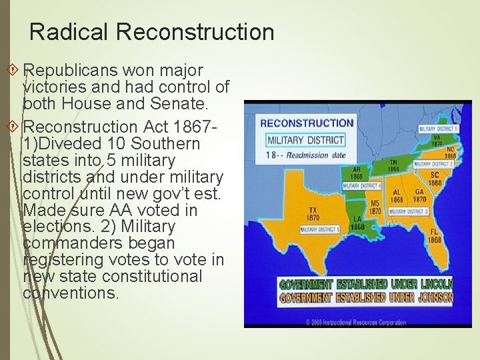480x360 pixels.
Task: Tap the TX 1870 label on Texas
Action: pos(312,214)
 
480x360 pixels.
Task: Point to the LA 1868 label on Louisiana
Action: pos(358,223)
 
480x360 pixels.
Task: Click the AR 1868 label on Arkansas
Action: pos(357,173)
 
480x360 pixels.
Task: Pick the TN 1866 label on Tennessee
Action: pos(393,166)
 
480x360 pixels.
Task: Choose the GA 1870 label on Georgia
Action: pos(419,195)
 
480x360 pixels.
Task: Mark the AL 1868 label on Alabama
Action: pos(397,195)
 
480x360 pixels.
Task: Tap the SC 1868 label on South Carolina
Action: pos(435,179)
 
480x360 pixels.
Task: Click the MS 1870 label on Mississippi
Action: pos(375,207)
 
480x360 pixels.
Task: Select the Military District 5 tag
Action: pos(320,229)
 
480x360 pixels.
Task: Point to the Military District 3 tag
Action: pos(408,211)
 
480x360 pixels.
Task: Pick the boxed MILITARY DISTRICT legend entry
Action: pos(306,140)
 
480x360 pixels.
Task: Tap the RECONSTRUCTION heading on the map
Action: pos(307,123)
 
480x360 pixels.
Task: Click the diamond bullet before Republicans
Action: pos(17,69)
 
